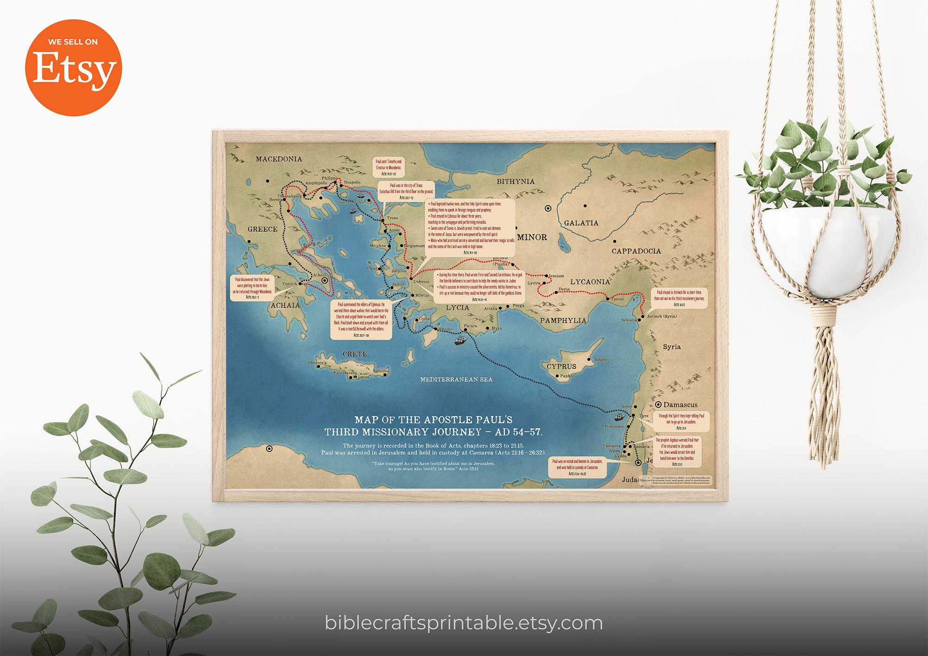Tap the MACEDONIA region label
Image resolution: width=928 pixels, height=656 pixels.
tap(279, 159)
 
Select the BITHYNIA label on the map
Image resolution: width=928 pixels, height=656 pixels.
tap(516, 181)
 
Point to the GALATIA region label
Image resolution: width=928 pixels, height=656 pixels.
tap(581, 223)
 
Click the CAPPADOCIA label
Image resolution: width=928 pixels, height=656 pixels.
tap(636, 251)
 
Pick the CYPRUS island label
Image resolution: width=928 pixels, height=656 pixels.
tap(561, 367)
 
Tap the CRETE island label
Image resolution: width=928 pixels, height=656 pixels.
tap(354, 354)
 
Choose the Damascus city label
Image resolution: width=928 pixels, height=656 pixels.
tap(680, 405)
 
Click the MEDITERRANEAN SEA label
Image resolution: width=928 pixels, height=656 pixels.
tap(456, 379)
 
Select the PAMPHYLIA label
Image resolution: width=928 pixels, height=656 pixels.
tap(563, 320)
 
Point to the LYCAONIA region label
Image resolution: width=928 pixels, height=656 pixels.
tap(589, 282)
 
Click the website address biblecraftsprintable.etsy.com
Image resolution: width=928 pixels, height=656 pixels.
tap(464, 623)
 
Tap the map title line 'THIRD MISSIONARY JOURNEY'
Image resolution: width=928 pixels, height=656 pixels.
tap(433, 432)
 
